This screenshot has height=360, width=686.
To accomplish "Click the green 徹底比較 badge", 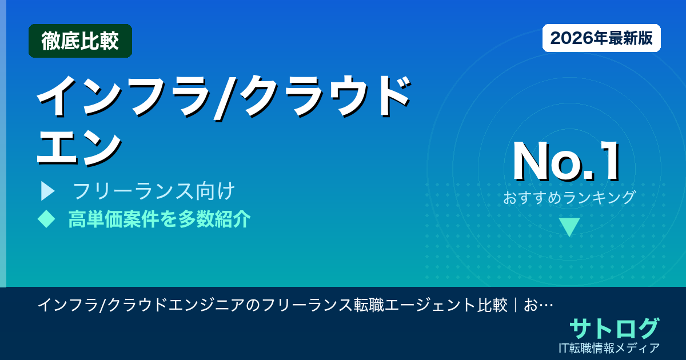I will click(80, 41).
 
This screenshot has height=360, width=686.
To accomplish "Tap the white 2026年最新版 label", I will click(601, 38).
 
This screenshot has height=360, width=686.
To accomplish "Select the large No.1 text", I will click(566, 162).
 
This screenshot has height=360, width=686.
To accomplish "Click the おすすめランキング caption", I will click(569, 198).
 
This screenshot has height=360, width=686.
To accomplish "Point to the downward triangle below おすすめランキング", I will click(569, 227).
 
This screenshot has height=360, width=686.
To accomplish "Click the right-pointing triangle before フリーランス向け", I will click(47, 191).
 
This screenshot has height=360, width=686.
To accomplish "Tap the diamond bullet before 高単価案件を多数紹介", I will click(46, 219).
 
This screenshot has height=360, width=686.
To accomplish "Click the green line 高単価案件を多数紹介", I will click(159, 219).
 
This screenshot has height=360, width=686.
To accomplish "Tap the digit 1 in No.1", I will click(607, 162).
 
